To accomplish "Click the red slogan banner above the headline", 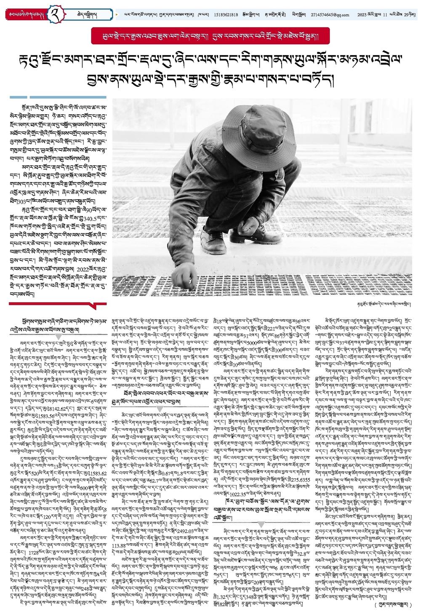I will (x=210, y=36).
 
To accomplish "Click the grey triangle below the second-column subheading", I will (x=160, y=409).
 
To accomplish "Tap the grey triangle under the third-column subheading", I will (x=261, y=524).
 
